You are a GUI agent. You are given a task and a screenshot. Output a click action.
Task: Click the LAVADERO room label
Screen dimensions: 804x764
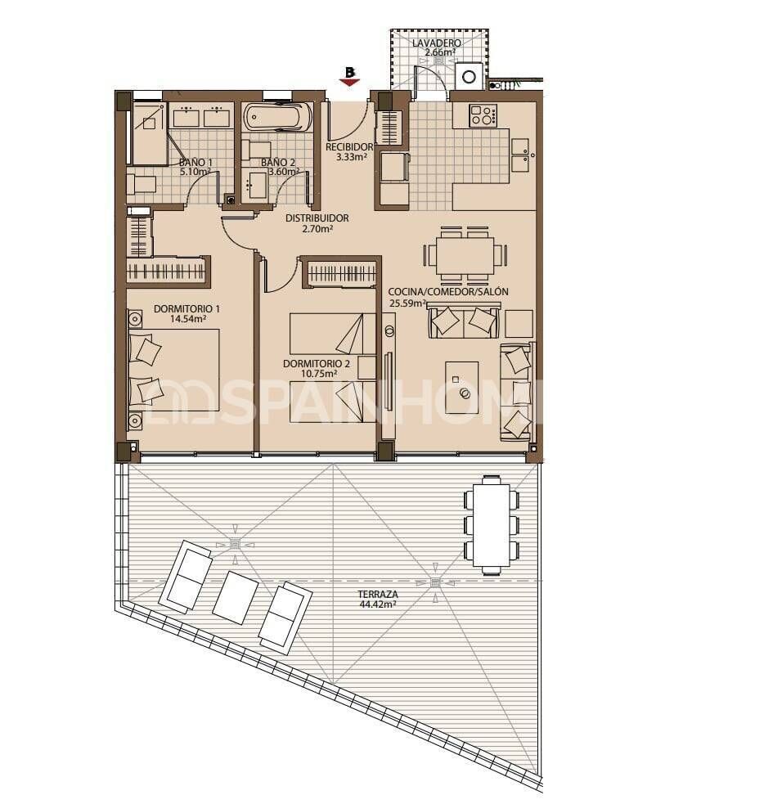[436, 43]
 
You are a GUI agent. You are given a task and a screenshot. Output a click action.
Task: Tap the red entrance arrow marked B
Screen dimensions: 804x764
[349, 76]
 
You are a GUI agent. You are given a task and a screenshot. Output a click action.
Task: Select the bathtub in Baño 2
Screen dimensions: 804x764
[277, 116]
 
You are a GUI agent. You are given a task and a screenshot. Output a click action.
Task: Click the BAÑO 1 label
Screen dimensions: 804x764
[195, 162]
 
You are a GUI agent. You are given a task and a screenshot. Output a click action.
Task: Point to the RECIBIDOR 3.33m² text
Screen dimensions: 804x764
[349, 152]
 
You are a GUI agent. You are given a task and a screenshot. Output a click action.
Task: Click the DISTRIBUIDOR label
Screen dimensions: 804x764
[317, 218]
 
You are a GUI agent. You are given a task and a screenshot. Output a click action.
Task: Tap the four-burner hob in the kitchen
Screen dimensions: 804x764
[483, 115]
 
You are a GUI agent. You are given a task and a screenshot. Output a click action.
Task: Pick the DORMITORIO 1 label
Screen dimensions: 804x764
[187, 309]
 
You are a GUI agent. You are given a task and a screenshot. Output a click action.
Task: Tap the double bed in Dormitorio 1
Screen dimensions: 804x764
[174, 369]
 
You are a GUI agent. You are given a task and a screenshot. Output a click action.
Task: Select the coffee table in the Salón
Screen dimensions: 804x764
[462, 381]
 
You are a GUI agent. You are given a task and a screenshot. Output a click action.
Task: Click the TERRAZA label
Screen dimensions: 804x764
[377, 595]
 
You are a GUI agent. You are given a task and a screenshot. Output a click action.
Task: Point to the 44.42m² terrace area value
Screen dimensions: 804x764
[377, 605]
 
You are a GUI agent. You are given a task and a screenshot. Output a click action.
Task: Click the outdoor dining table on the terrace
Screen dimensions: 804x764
[491, 524]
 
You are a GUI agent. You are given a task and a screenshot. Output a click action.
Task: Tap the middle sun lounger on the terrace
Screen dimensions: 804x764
[236, 597]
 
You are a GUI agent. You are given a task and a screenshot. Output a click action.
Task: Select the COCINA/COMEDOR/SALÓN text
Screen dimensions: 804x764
[448, 292]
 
